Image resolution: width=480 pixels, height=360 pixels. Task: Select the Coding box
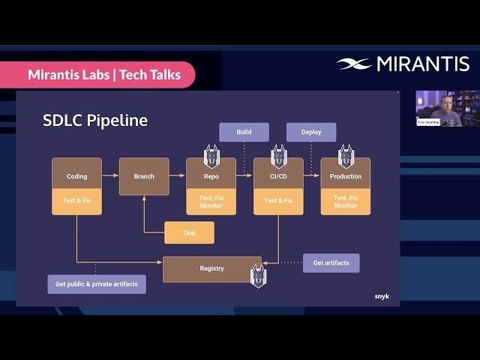[x=76, y=176]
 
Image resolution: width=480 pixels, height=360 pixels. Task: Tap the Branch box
[x=144, y=176]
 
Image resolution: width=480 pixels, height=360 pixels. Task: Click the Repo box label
[x=211, y=177]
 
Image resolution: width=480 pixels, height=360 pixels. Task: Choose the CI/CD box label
[x=278, y=177]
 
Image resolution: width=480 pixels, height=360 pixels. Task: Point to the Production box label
[x=346, y=177]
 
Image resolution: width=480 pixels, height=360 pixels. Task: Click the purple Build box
[x=244, y=132]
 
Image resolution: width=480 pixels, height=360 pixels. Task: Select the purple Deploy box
[x=311, y=132]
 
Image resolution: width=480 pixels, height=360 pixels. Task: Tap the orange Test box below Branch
[x=189, y=233]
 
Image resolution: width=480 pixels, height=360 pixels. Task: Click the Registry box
[x=211, y=268]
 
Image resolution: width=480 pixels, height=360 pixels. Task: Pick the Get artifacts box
[x=331, y=262]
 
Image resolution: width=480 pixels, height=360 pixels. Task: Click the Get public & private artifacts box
[x=97, y=284]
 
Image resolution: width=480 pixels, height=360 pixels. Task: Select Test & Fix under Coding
[x=76, y=201]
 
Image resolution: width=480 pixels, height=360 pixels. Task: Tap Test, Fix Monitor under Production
[x=346, y=201]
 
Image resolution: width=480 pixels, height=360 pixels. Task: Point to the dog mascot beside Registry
[x=258, y=276]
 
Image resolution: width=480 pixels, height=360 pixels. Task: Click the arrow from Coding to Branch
[x=110, y=175]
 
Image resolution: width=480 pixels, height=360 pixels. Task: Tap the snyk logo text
[x=382, y=296]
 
